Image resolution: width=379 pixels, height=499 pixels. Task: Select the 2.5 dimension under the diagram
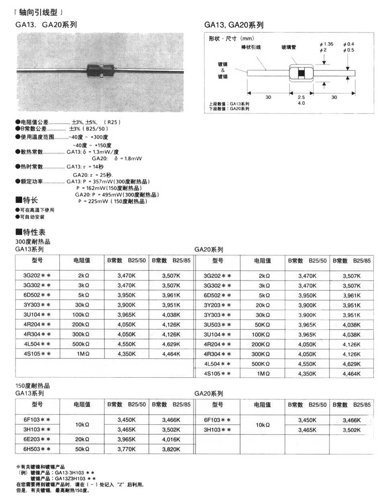[x=301, y=97]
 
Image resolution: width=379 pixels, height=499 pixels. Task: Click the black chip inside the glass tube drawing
[x=302, y=74]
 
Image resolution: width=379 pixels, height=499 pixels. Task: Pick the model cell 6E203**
[x=38, y=439]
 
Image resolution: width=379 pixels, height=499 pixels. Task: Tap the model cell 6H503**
[x=38, y=449]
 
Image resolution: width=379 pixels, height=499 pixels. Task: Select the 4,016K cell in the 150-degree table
[x=171, y=439]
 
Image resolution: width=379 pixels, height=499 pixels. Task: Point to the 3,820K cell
[x=171, y=449]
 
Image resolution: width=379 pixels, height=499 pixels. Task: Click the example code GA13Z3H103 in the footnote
[x=73, y=478]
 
